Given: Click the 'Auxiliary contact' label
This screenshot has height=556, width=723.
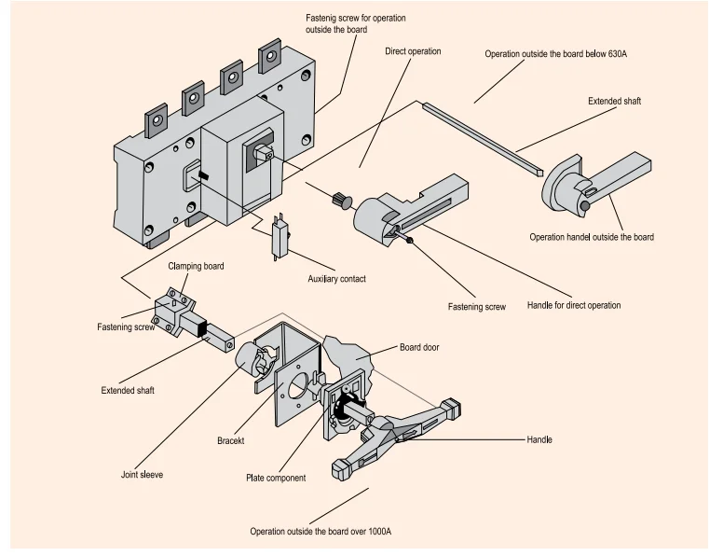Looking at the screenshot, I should pyautogui.click(x=336, y=279).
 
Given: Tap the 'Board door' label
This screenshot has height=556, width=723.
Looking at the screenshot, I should pyautogui.click(x=419, y=348).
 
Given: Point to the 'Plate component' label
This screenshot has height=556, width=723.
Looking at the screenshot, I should pyautogui.click(x=275, y=479).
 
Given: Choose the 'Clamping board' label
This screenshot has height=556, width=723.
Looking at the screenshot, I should pyautogui.click(x=196, y=266).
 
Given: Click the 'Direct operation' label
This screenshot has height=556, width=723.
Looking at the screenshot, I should pyautogui.click(x=413, y=51).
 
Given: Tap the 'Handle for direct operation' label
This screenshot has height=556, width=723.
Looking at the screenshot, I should pyautogui.click(x=573, y=305).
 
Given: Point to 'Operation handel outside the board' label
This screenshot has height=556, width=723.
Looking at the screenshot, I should pyautogui.click(x=592, y=237).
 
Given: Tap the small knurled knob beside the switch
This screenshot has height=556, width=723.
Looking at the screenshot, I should pyautogui.click(x=340, y=199).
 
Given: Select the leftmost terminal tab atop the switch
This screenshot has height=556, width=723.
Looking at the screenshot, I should pyautogui.click(x=155, y=122).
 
